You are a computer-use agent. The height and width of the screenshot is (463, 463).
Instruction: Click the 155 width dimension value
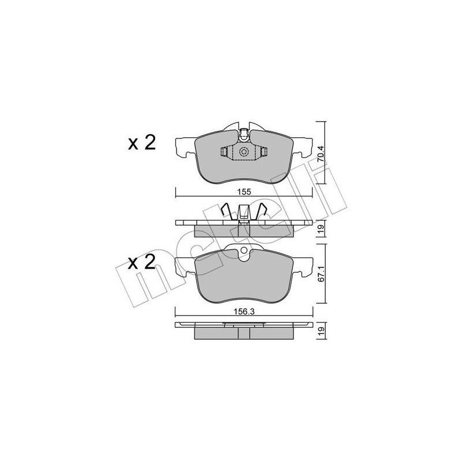coord(244,192)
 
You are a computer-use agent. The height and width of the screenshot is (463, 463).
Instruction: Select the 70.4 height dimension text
coord(321,153)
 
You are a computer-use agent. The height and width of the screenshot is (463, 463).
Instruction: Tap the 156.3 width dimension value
coord(244,311)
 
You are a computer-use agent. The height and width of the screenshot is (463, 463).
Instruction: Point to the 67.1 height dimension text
coord(321,274)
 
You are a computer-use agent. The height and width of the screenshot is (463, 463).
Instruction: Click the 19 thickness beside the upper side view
coord(321,228)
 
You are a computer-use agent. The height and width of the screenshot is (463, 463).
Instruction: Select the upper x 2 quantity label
coord(142,143)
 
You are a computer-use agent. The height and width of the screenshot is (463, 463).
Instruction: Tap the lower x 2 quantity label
coord(142,262)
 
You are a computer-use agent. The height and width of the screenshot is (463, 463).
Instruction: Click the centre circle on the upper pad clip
coord(244,152)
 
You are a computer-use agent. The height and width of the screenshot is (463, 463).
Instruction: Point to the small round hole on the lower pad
coord(244,251)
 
